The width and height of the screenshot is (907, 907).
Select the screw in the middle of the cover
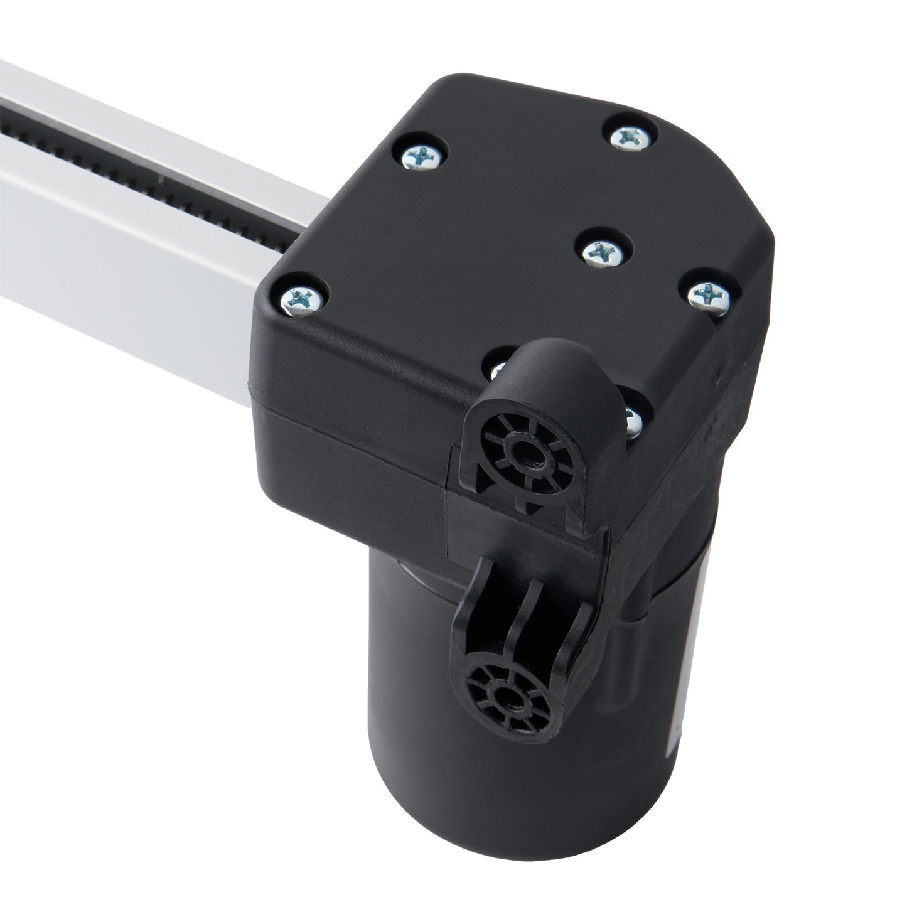coord(601,251)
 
